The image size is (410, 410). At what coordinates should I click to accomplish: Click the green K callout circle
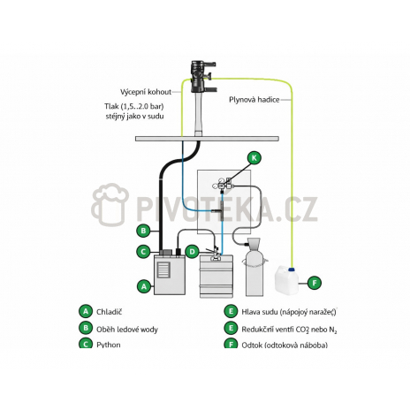point(254,157)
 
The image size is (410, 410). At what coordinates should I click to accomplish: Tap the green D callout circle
point(193,252)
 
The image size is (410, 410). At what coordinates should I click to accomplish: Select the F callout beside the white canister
point(315,283)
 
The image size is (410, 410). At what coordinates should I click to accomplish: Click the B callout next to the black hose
point(144,231)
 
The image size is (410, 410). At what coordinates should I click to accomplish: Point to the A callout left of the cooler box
point(144,286)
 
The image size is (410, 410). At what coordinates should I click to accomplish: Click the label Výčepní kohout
point(146,92)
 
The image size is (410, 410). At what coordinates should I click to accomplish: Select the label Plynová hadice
point(254,100)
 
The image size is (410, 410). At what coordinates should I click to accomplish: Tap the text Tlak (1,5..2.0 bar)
point(134,106)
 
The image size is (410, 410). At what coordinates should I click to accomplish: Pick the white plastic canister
point(286,280)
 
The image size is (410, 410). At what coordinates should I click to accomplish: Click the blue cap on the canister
point(292,270)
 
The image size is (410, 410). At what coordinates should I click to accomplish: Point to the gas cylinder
point(254,267)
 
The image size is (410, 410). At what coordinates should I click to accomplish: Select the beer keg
point(216,276)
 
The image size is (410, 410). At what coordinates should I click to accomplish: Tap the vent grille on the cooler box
point(163,270)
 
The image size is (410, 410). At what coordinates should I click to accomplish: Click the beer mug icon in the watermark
point(110,204)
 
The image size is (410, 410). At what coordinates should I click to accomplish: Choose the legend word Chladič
point(109,312)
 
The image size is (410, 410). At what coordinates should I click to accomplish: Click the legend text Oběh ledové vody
point(127,329)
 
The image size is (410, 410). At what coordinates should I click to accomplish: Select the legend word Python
point(109,345)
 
